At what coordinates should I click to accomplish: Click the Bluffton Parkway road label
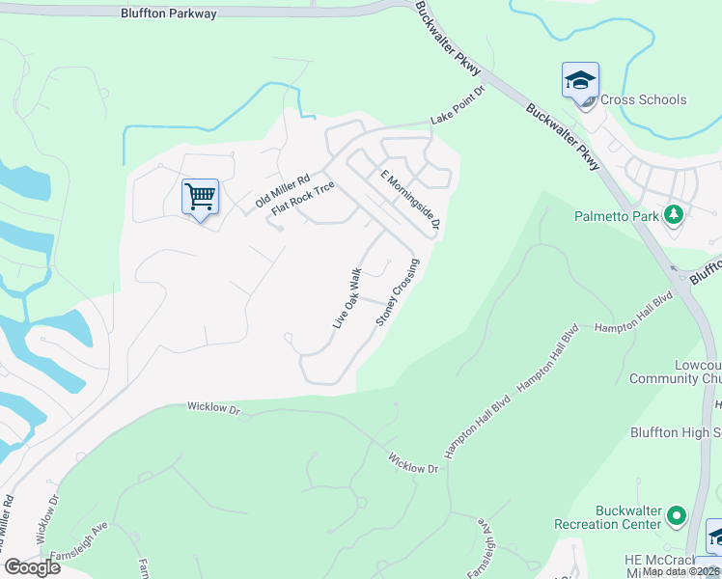point(169,14)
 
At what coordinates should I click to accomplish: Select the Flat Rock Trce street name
point(302,198)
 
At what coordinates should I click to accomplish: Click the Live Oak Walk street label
point(347,298)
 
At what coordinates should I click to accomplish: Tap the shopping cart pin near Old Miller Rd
point(200,198)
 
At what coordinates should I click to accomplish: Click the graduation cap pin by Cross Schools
point(580,80)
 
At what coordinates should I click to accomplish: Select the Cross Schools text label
point(643,99)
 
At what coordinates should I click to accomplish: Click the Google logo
point(32,567)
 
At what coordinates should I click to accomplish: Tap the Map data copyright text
point(680,571)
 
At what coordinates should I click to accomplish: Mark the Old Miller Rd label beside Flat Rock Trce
point(282,192)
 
